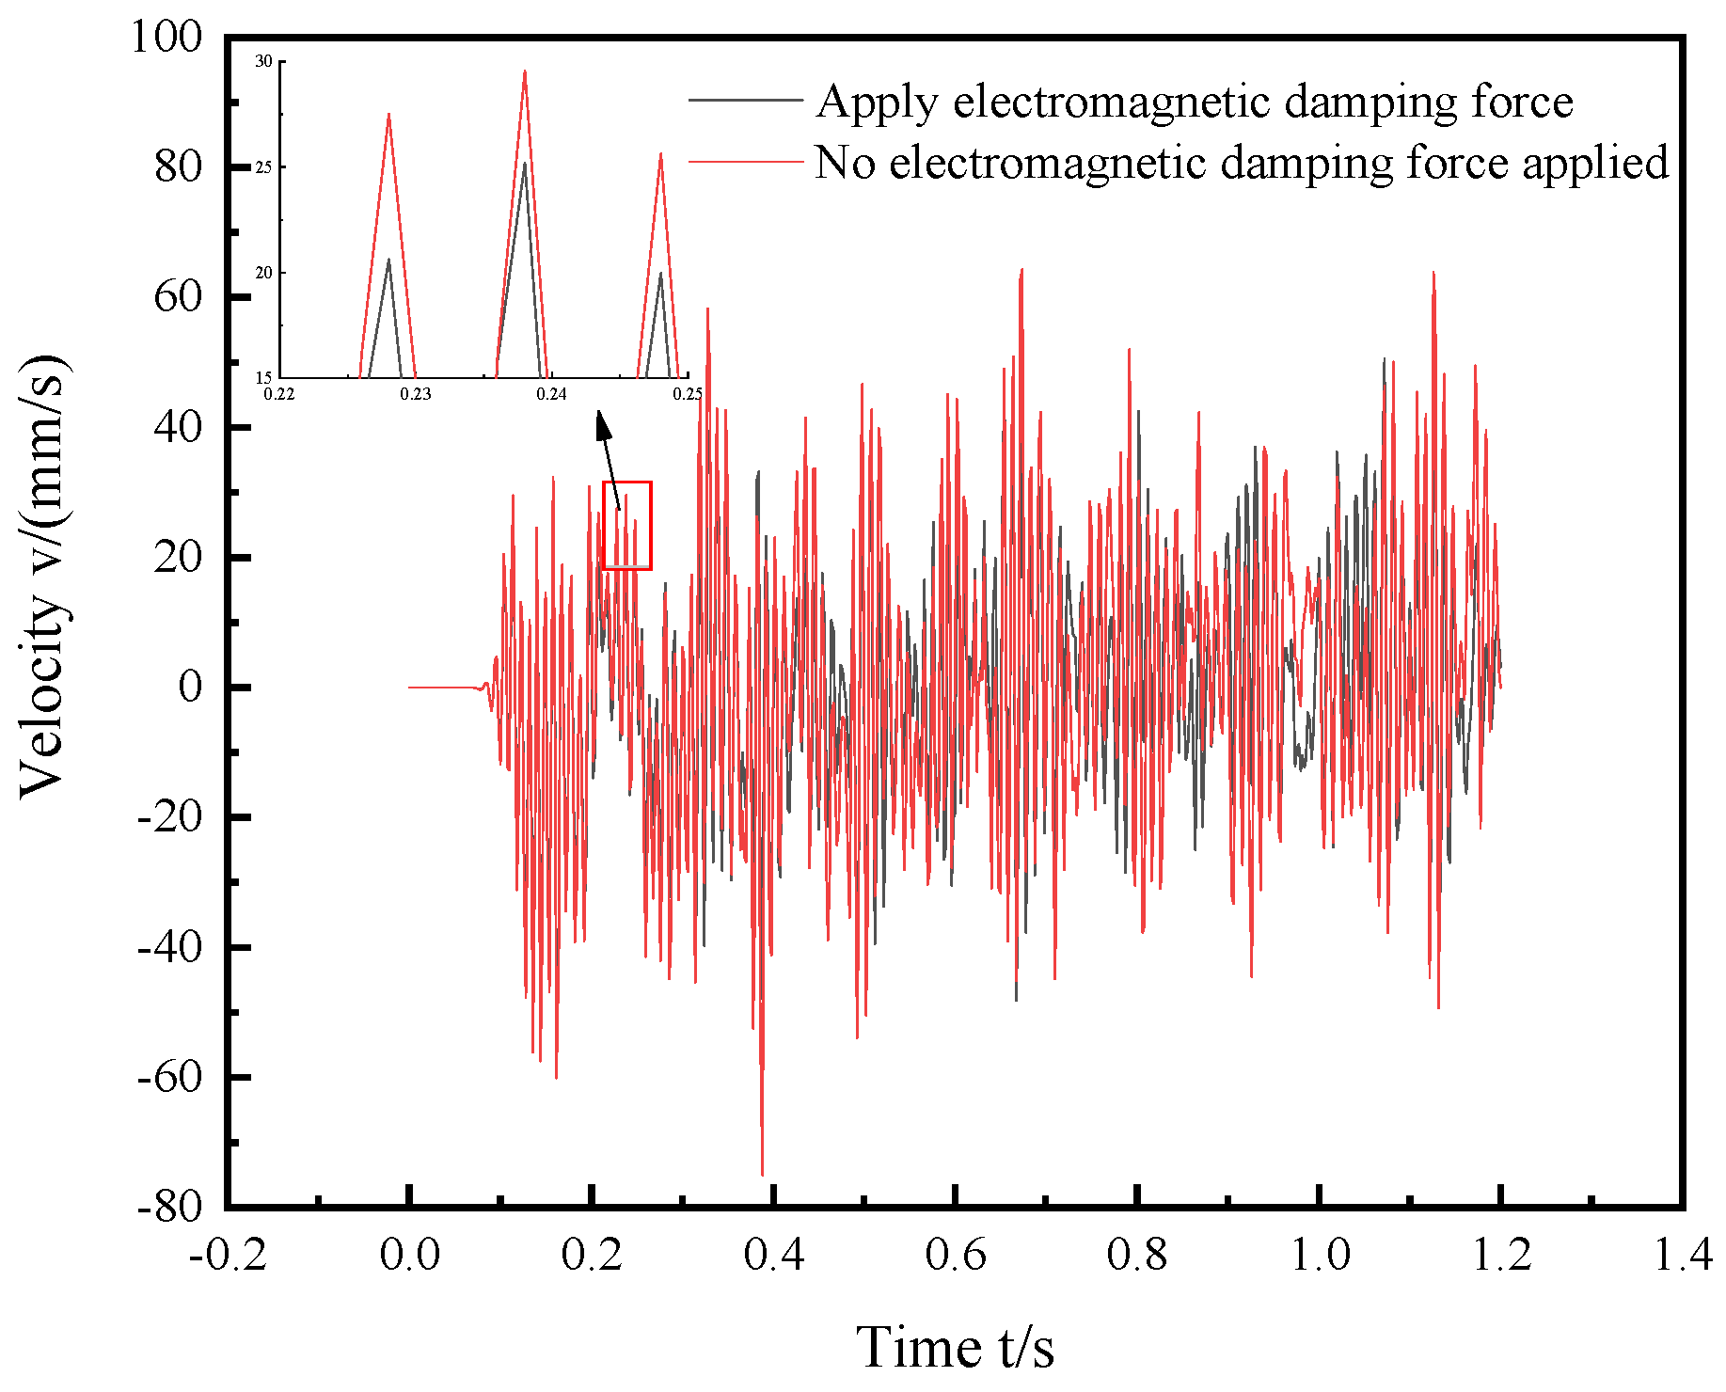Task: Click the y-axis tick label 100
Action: coord(166,38)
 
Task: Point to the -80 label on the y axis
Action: coord(169,1207)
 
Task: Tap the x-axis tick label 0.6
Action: coord(955,1255)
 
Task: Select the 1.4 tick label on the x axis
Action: coord(1683,1255)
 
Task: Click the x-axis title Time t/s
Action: coord(954,1347)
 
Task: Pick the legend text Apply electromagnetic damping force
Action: coord(1194,102)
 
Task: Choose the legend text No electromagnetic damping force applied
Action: coord(1241,162)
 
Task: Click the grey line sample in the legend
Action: coord(745,101)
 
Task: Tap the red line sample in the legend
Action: coord(745,162)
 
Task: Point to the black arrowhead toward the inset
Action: coord(603,425)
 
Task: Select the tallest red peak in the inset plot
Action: coord(524,71)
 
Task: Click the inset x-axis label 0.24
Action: coord(551,393)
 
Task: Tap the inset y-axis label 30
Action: coord(264,61)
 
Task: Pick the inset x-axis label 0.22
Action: coord(279,393)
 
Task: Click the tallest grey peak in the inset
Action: coord(524,163)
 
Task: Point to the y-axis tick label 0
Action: coord(190,688)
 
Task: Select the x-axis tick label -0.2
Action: coord(228,1255)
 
